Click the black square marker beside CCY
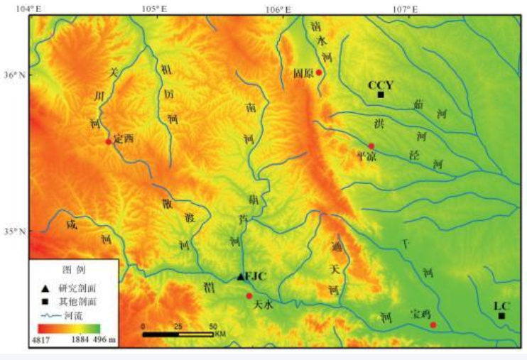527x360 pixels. coord(381,94)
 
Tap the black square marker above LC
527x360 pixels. coord(501,315)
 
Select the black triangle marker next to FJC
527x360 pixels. coord(241,276)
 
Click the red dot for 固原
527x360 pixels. coord(319,72)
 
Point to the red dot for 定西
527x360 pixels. coord(109,141)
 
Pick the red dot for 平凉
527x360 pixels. coord(371,146)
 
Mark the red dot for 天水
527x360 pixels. coord(249,295)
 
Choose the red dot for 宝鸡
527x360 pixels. coord(433,324)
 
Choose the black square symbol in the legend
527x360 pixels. coord(45,302)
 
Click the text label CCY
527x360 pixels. coord(379,84)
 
